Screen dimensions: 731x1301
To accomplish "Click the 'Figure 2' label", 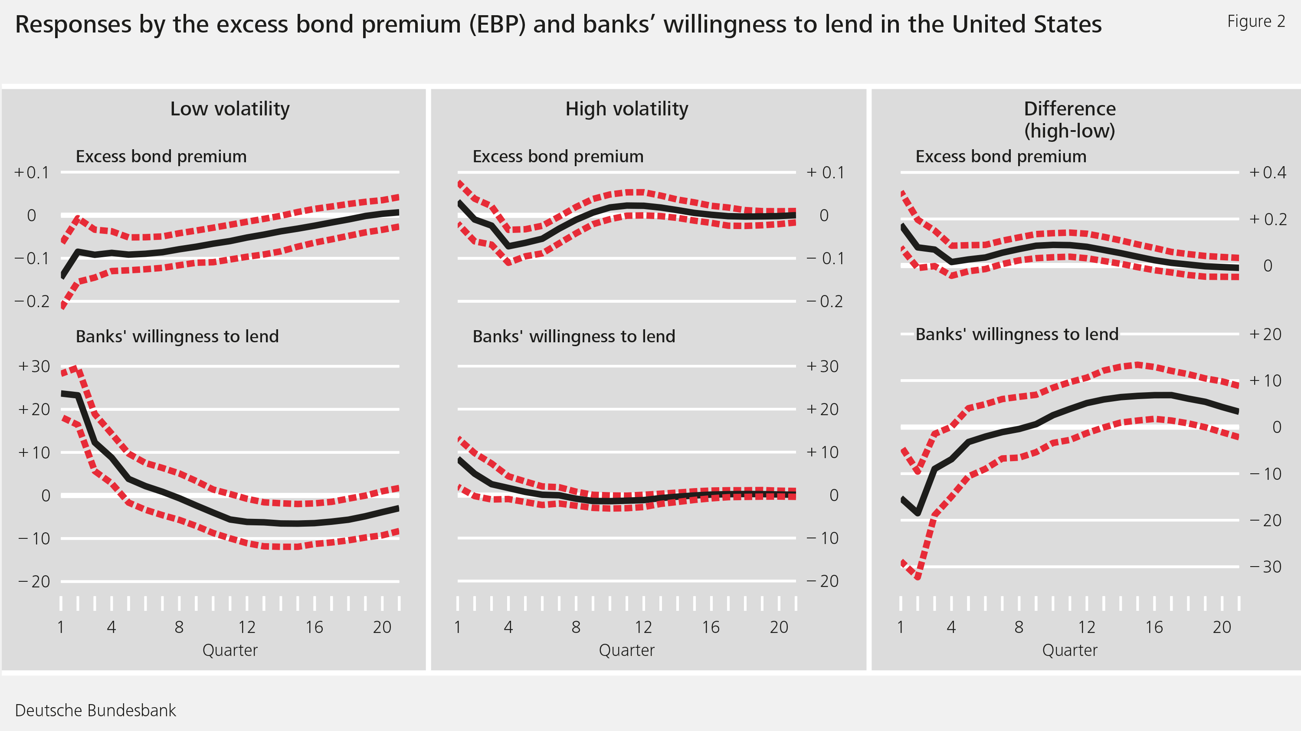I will (1255, 21).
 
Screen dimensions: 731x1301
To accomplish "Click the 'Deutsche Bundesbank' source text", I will (95, 710).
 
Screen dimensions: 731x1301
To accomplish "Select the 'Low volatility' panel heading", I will (230, 108).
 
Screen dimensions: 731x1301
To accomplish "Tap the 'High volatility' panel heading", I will (626, 108).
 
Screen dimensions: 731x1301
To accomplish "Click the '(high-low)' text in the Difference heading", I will (1069, 131).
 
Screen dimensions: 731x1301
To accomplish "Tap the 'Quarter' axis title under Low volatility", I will (230, 650).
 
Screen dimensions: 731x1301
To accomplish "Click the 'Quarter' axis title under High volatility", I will (626, 650).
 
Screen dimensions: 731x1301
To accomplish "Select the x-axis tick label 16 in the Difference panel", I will (1154, 627).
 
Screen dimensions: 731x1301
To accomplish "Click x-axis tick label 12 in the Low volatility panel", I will (246, 627).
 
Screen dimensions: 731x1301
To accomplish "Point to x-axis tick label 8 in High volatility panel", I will (576, 627).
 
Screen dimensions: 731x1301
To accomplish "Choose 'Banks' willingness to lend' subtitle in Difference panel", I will (1017, 334).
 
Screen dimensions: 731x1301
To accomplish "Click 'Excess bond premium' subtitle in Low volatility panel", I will (161, 157).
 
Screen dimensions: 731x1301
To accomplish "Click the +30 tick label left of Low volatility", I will (34, 366).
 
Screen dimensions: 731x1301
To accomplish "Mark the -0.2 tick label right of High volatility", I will (824, 302).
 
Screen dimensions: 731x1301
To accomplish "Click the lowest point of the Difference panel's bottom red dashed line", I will (918, 577).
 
